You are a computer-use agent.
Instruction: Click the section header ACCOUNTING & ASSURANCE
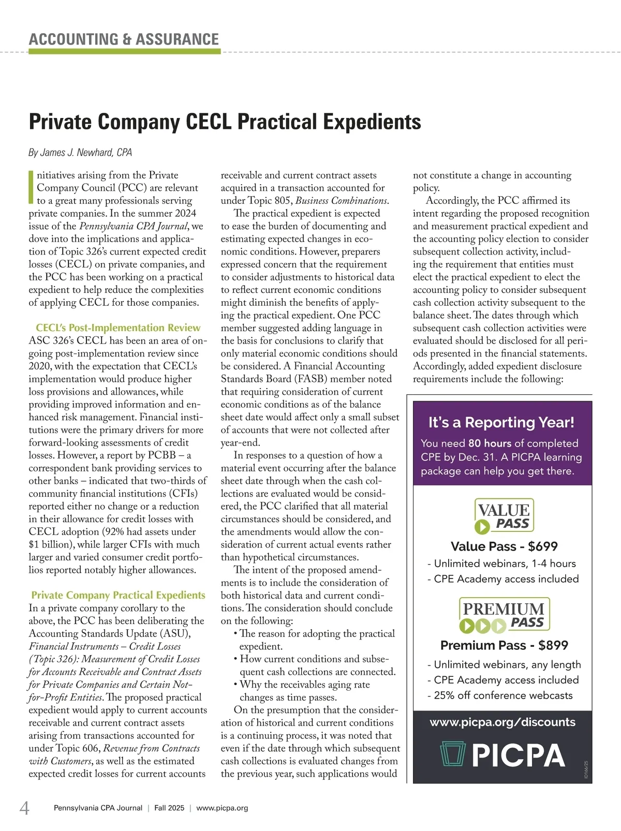pos(124,39)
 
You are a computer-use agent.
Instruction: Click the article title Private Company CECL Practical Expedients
pos(225,122)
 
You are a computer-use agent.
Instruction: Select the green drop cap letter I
pos(32,187)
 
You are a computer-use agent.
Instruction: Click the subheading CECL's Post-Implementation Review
pos(118,328)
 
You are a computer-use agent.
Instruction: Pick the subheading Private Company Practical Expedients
pos(118,595)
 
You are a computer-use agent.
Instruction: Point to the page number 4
pos(24,808)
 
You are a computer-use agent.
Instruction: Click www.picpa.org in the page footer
pos(222,808)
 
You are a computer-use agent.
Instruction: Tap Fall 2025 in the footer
pos(169,808)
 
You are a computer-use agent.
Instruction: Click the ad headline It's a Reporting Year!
pos(501,422)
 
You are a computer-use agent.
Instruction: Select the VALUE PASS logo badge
pos(504,516)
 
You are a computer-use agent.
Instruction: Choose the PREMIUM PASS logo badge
pos(504,615)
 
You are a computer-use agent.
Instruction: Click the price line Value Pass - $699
pos(504,546)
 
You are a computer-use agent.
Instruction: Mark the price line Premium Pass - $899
pos(504,645)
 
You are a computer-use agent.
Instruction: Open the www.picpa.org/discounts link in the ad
pos(502,722)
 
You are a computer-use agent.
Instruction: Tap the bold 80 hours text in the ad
pos(490,443)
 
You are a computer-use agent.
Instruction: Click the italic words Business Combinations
pos(342,201)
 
